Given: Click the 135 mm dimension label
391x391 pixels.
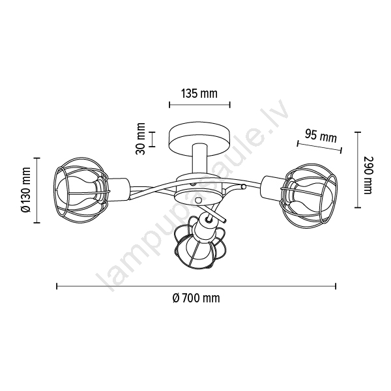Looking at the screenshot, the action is (x=199, y=94).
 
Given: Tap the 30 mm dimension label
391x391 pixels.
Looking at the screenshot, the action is (x=141, y=139).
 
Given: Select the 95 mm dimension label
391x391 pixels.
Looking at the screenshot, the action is (x=321, y=136).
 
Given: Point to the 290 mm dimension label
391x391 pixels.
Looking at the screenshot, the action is (x=368, y=175).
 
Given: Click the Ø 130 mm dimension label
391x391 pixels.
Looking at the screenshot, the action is (x=25, y=190).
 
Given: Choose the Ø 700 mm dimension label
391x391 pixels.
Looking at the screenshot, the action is (x=196, y=298).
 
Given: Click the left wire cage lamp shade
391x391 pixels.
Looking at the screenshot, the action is (x=82, y=190).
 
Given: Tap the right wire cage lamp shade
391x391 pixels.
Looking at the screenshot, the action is (x=309, y=193).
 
